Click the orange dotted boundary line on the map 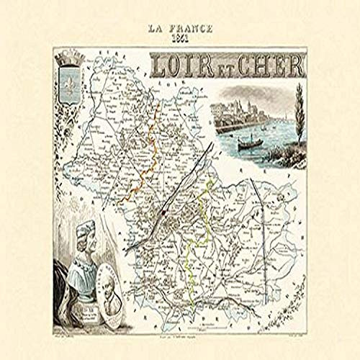click(144, 173)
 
